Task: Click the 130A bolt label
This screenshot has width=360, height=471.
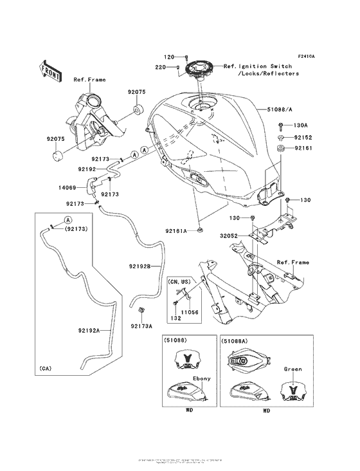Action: [301, 125]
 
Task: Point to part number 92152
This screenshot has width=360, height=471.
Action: [303, 137]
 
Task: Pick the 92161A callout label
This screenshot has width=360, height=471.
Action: [176, 231]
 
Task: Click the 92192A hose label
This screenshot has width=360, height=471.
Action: [89, 330]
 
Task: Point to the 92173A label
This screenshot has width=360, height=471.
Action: [142, 326]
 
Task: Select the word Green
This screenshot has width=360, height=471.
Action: [292, 369]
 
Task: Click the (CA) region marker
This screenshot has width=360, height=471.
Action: [44, 369]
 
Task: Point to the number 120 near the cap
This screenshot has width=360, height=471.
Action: [168, 57]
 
